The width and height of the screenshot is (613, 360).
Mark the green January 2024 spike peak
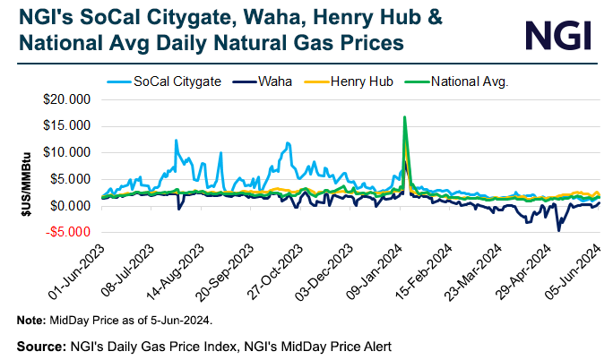(405, 117)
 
